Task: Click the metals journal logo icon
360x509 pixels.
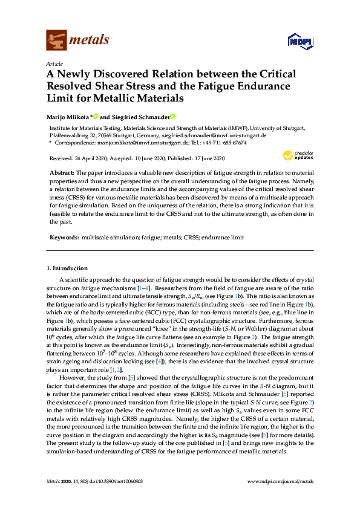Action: [x=56, y=41]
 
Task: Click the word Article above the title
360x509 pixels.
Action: [x=54, y=63]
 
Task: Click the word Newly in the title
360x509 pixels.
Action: [x=86, y=74]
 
